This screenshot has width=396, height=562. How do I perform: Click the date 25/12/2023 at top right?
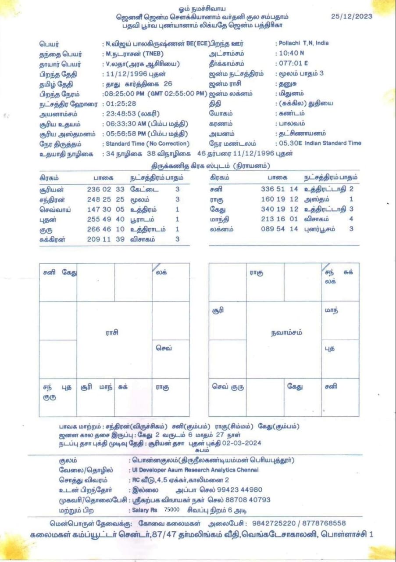tap(352, 16)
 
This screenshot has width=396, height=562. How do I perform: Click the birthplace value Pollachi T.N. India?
tap(303, 43)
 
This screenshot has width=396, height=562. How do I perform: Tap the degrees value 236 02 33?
tap(106, 189)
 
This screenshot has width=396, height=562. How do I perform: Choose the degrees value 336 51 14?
tap(279, 189)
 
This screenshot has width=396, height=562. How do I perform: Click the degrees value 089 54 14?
tap(279, 229)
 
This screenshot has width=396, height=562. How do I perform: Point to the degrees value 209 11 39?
tap(106, 240)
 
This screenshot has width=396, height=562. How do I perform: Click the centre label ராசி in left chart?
tap(112, 333)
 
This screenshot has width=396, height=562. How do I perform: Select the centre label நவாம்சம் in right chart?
tap(286, 333)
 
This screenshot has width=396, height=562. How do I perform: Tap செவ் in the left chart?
tap(164, 348)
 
